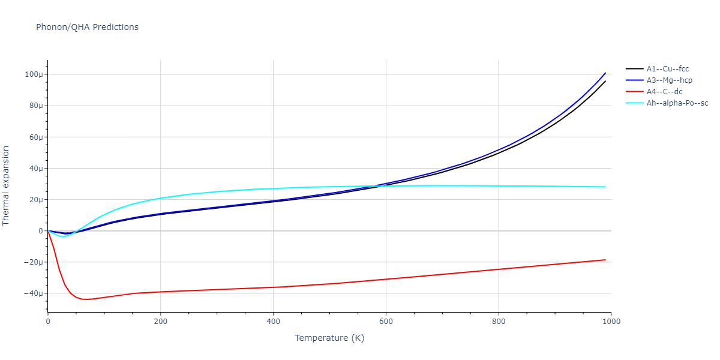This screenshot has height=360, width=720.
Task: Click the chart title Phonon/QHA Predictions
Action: [87, 27]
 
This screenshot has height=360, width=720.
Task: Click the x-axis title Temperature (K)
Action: [329, 338]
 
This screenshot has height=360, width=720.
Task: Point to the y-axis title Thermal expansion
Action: [7, 185]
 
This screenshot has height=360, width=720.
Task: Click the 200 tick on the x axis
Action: [160, 321]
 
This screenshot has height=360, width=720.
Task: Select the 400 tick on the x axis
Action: [273, 321]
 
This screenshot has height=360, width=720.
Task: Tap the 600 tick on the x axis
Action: [386, 321]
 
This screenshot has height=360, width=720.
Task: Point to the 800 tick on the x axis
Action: [499, 321]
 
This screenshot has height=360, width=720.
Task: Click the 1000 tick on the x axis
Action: [611, 321]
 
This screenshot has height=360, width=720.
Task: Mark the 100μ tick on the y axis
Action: [34, 74]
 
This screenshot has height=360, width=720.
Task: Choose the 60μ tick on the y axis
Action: [35, 137]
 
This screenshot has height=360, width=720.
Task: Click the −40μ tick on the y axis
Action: [34, 293]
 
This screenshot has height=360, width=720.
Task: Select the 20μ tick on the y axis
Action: [35, 200]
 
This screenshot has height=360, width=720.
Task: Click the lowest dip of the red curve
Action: [86, 299]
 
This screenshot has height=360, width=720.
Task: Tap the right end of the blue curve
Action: [605, 73]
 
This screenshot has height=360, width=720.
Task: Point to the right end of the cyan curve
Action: [605, 187]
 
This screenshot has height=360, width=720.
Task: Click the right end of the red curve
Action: [605, 260]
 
